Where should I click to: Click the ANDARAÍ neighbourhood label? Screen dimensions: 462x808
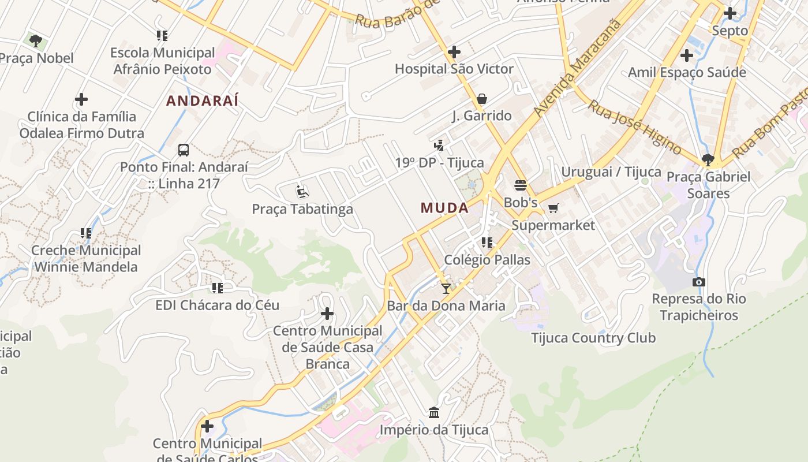click(202, 100)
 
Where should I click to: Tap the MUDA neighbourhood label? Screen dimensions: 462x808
click(444, 208)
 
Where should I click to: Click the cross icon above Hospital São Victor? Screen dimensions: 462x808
click(454, 52)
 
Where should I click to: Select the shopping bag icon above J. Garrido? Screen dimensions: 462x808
click(482, 99)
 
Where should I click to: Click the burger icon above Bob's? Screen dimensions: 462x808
click(521, 185)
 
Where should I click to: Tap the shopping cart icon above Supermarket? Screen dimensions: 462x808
click(553, 208)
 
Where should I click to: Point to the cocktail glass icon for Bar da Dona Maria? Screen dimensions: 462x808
click(446, 288)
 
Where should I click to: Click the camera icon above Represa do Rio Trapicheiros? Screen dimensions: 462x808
click(699, 282)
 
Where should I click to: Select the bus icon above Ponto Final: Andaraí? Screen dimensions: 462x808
click(184, 150)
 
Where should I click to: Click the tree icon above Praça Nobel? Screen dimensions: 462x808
click(36, 41)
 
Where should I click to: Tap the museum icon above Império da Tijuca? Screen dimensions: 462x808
click(434, 412)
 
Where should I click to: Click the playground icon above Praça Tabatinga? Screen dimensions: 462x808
click(302, 191)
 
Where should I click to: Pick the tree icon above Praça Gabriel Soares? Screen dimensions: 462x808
click(708, 160)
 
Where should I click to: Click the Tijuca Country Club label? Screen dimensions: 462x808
click(593, 338)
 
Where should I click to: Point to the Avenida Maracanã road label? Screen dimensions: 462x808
click(579, 68)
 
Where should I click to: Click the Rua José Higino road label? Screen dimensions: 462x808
click(634, 126)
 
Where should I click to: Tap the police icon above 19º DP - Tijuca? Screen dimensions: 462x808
click(439, 146)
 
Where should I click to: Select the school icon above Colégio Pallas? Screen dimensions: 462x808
click(487, 243)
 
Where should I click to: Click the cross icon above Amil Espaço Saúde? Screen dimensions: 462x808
click(687, 55)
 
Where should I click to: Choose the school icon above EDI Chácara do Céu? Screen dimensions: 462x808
click(218, 288)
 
